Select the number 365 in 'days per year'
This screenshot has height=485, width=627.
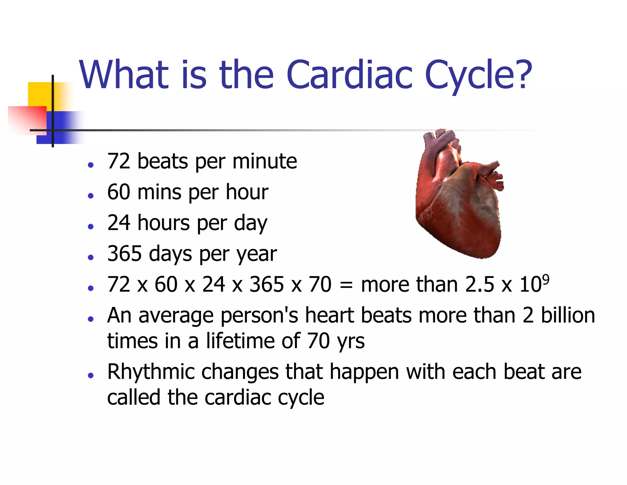(124, 254)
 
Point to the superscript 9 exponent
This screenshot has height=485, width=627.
(545, 279)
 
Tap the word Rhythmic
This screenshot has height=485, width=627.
(151, 372)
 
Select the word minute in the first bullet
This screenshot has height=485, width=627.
(265, 161)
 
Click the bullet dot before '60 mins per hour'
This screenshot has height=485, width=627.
(90, 195)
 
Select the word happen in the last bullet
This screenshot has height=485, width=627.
(364, 372)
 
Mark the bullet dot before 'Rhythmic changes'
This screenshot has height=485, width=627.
(90, 375)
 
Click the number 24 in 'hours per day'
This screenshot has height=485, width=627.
(119, 223)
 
